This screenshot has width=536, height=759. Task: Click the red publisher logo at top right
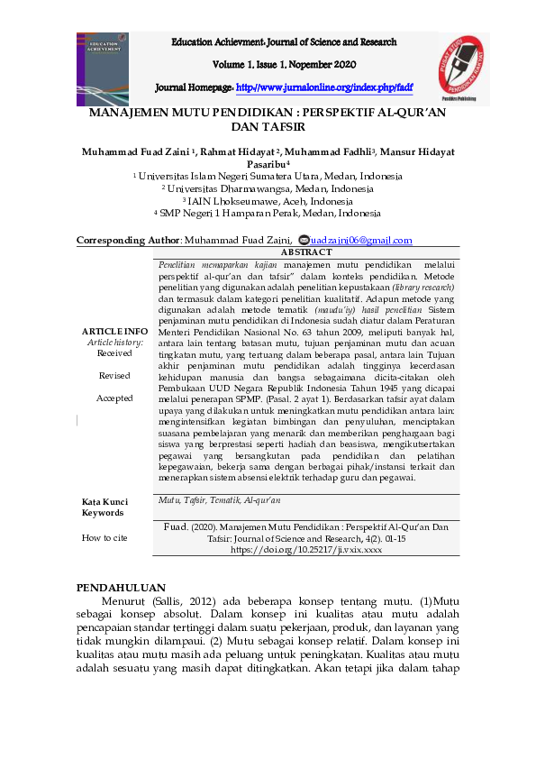[464, 69]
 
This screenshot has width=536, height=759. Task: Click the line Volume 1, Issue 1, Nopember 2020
[284, 65]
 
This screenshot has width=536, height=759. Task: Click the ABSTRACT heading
[306, 253]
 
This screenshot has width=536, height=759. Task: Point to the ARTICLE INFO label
[114, 331]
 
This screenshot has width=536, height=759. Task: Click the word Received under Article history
[114, 352]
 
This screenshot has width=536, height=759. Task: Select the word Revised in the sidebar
[114, 375]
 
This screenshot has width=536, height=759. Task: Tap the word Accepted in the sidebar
[114, 398]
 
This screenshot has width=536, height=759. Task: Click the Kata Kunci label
[104, 501]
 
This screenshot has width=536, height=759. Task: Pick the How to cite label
[104, 537]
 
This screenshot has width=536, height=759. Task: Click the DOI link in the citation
[306, 548]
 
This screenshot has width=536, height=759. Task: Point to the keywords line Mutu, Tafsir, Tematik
[220, 499]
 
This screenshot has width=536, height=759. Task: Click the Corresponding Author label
[128, 241]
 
